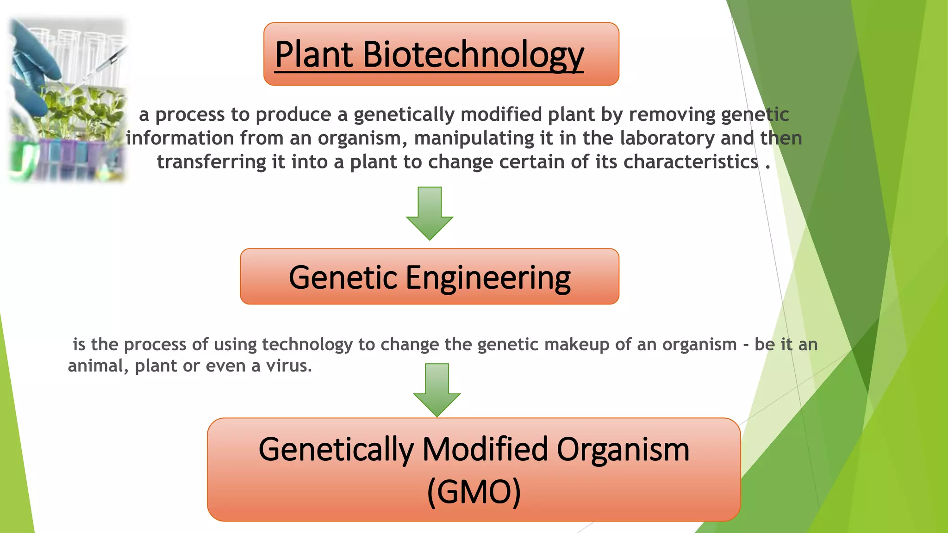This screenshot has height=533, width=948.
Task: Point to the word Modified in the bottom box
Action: pos(486,449)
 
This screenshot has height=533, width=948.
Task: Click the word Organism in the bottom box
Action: pos(623,449)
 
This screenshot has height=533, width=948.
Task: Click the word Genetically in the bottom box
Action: pos(336,449)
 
